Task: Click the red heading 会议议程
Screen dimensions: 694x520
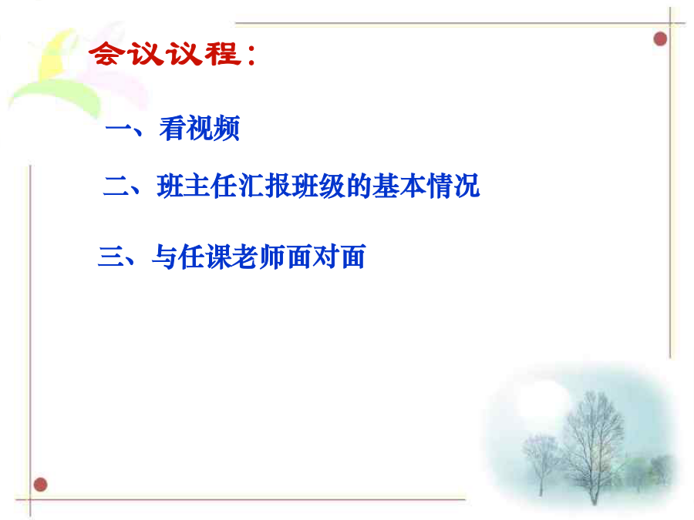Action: tap(166, 54)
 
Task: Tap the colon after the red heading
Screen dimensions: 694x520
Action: tap(252, 55)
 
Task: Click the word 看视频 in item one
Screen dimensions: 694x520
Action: tap(200, 129)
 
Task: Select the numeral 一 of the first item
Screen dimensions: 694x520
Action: tap(118, 129)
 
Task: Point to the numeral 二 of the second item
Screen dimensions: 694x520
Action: tap(116, 186)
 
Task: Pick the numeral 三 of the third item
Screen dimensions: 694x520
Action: tap(110, 257)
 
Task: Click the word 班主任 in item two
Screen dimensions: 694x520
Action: tap(197, 186)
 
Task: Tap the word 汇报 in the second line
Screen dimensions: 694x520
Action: tap(264, 186)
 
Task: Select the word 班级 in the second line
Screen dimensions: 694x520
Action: tap(318, 186)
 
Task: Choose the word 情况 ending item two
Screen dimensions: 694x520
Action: tap(453, 186)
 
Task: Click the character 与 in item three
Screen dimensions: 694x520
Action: tap(165, 257)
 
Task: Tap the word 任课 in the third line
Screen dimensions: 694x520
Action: tap(205, 257)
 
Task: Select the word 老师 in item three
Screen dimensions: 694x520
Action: tap(259, 257)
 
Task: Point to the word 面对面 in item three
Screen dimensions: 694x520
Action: tap(326, 257)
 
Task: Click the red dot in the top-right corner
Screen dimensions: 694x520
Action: tap(660, 39)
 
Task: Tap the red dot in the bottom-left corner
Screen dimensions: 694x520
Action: tap(40, 485)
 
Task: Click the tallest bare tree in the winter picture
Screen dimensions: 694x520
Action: tap(592, 447)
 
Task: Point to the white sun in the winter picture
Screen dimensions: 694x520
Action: tap(542, 401)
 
